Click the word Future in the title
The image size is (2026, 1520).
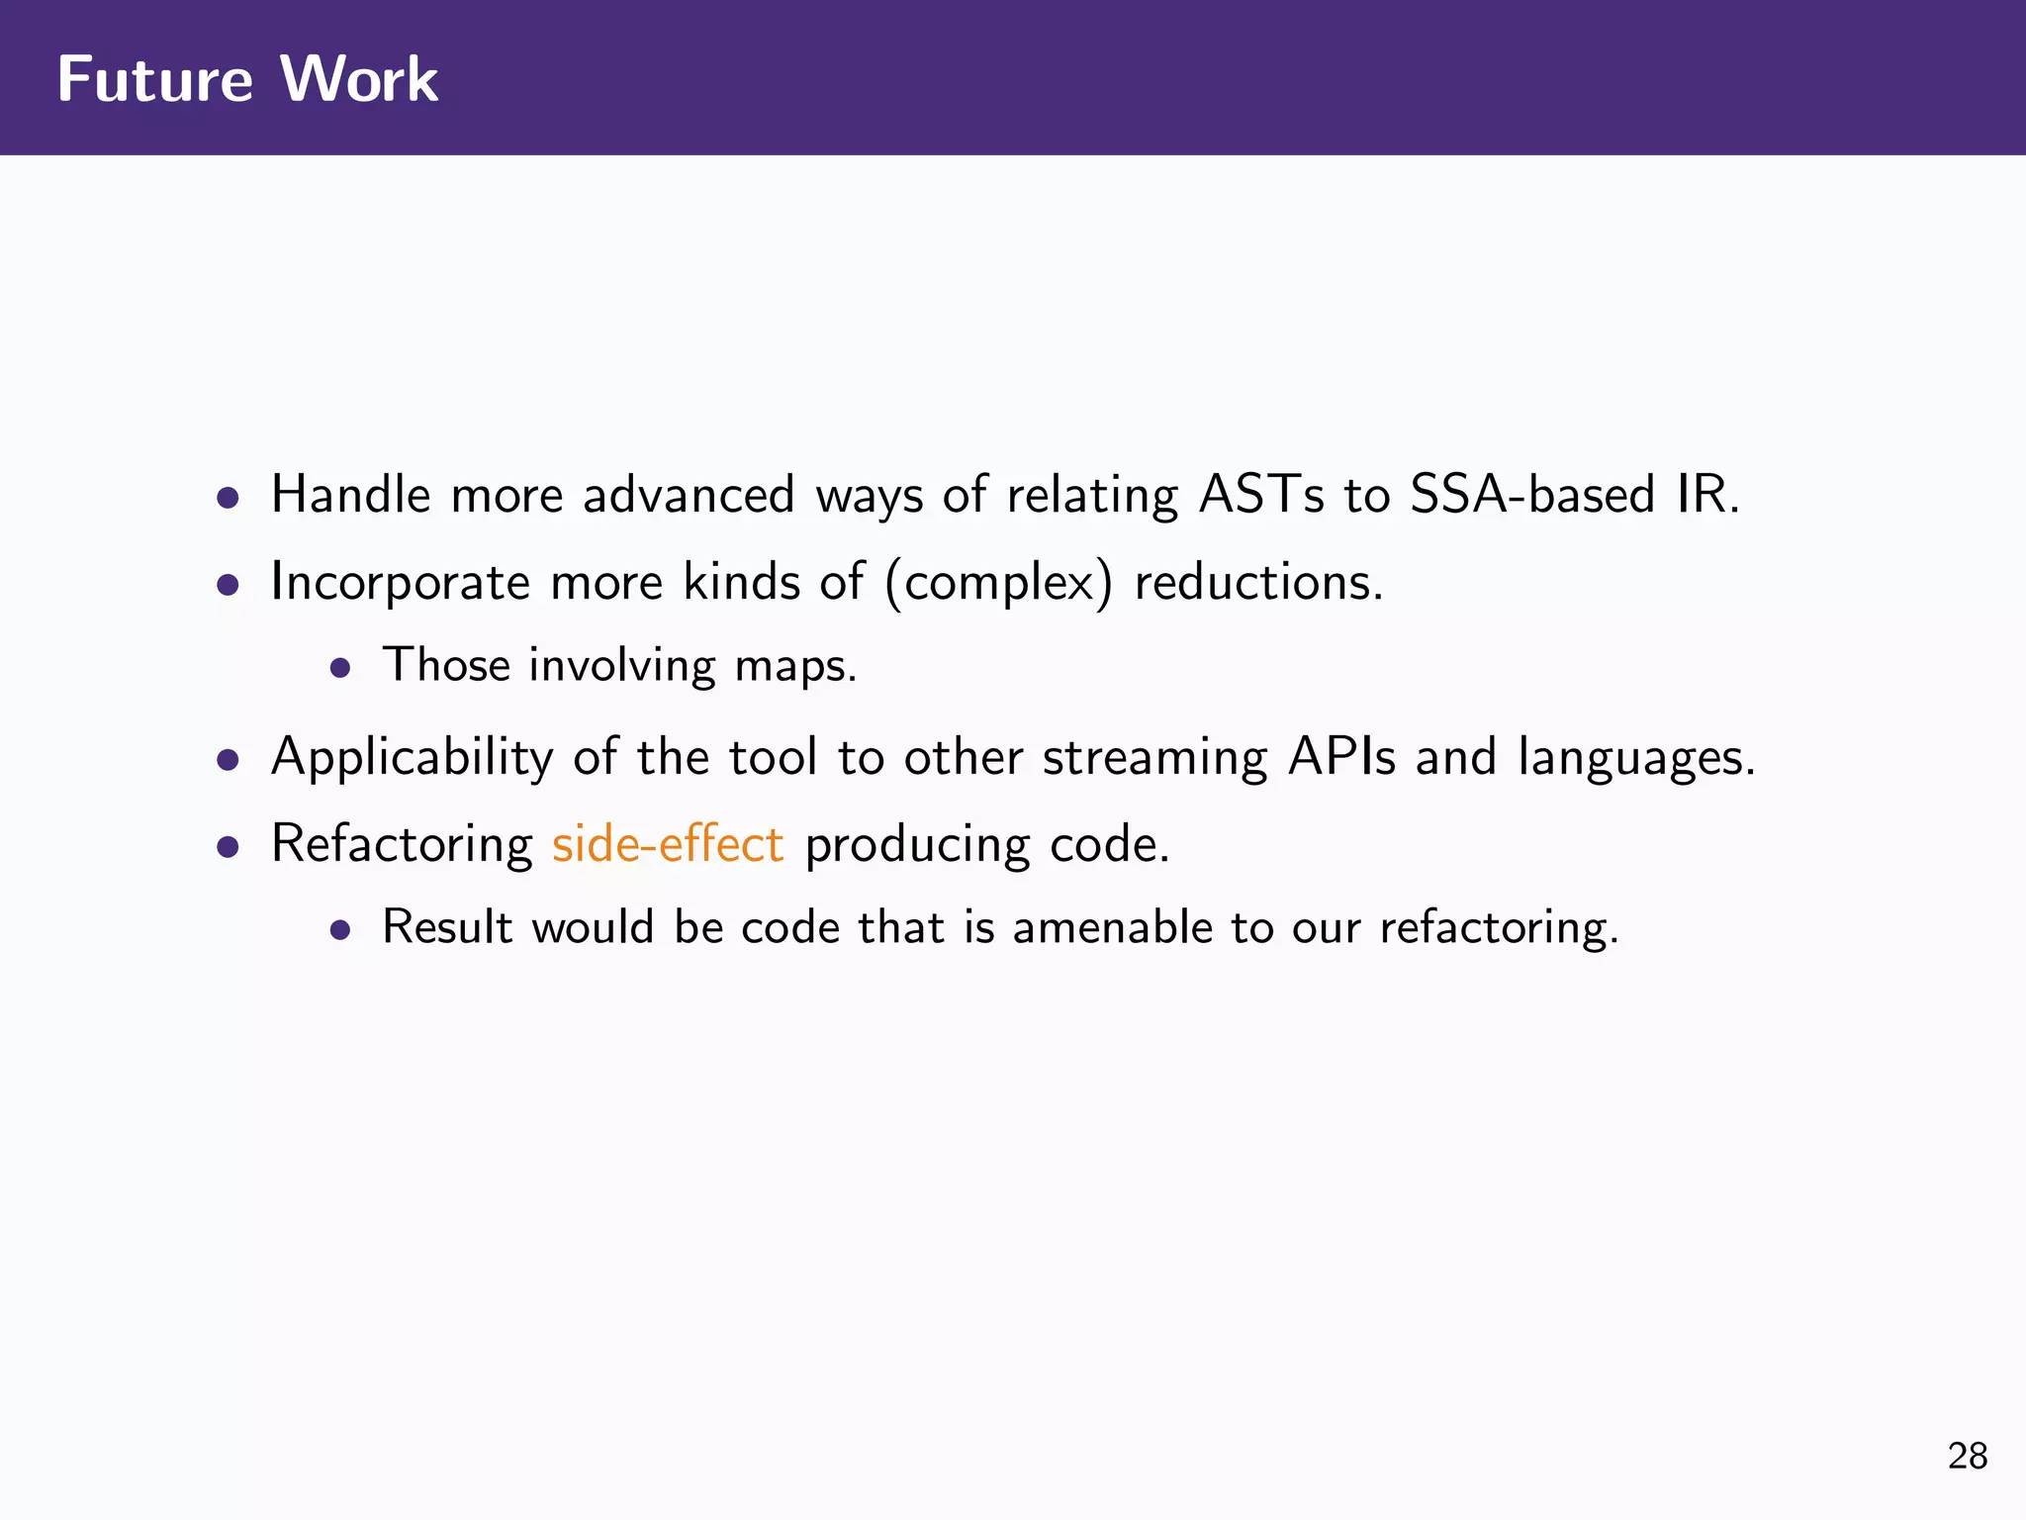pyautogui.click(x=155, y=79)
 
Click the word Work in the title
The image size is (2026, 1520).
pyautogui.click(x=359, y=79)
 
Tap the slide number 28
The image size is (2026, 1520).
pyautogui.click(x=1967, y=1456)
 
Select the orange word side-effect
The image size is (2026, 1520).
pyautogui.click(x=668, y=845)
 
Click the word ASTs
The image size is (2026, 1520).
pyautogui.click(x=1260, y=495)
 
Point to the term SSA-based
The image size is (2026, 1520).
pyautogui.click(x=1531, y=495)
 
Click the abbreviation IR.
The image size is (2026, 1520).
pyautogui.click(x=1706, y=495)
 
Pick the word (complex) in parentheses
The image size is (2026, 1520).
pyautogui.click(x=999, y=582)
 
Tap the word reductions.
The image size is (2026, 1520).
pyautogui.click(x=1257, y=582)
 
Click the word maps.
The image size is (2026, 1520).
pyautogui.click(x=794, y=666)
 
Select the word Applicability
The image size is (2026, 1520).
pyautogui.click(x=412, y=758)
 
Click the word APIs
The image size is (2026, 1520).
pyautogui.click(x=1341, y=758)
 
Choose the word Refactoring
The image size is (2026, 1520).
pyautogui.click(x=402, y=845)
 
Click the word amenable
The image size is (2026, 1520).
pyautogui.click(x=1112, y=928)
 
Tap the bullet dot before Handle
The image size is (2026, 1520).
pyautogui.click(x=229, y=497)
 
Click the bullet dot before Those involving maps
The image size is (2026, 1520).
pyautogui.click(x=340, y=669)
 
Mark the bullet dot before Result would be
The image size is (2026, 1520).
pyautogui.click(x=340, y=931)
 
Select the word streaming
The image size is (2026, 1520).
pyautogui.click(x=1154, y=758)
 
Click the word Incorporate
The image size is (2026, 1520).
pyautogui.click(x=400, y=582)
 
